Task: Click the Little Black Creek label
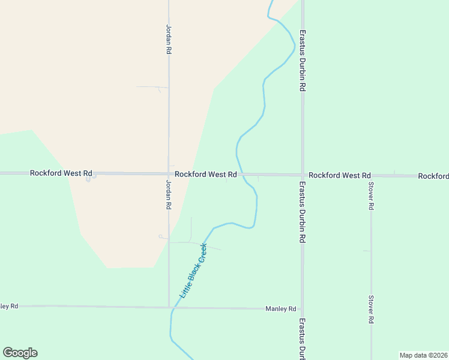point(194,271)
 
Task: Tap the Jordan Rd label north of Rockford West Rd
point(169,40)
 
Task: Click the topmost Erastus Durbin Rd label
point(303,61)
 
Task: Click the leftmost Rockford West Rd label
point(61,173)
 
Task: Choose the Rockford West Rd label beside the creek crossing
point(206,174)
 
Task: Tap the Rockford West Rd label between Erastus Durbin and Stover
point(340,175)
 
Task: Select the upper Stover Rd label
point(371,196)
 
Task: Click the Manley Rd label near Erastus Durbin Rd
point(281,309)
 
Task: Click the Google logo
point(20,353)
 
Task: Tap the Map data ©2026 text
point(423,355)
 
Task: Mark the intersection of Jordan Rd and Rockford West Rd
point(169,173)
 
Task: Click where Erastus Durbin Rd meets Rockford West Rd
point(303,175)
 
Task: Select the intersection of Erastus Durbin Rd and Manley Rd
point(303,309)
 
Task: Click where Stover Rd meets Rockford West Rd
point(371,176)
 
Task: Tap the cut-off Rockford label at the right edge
point(433,176)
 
